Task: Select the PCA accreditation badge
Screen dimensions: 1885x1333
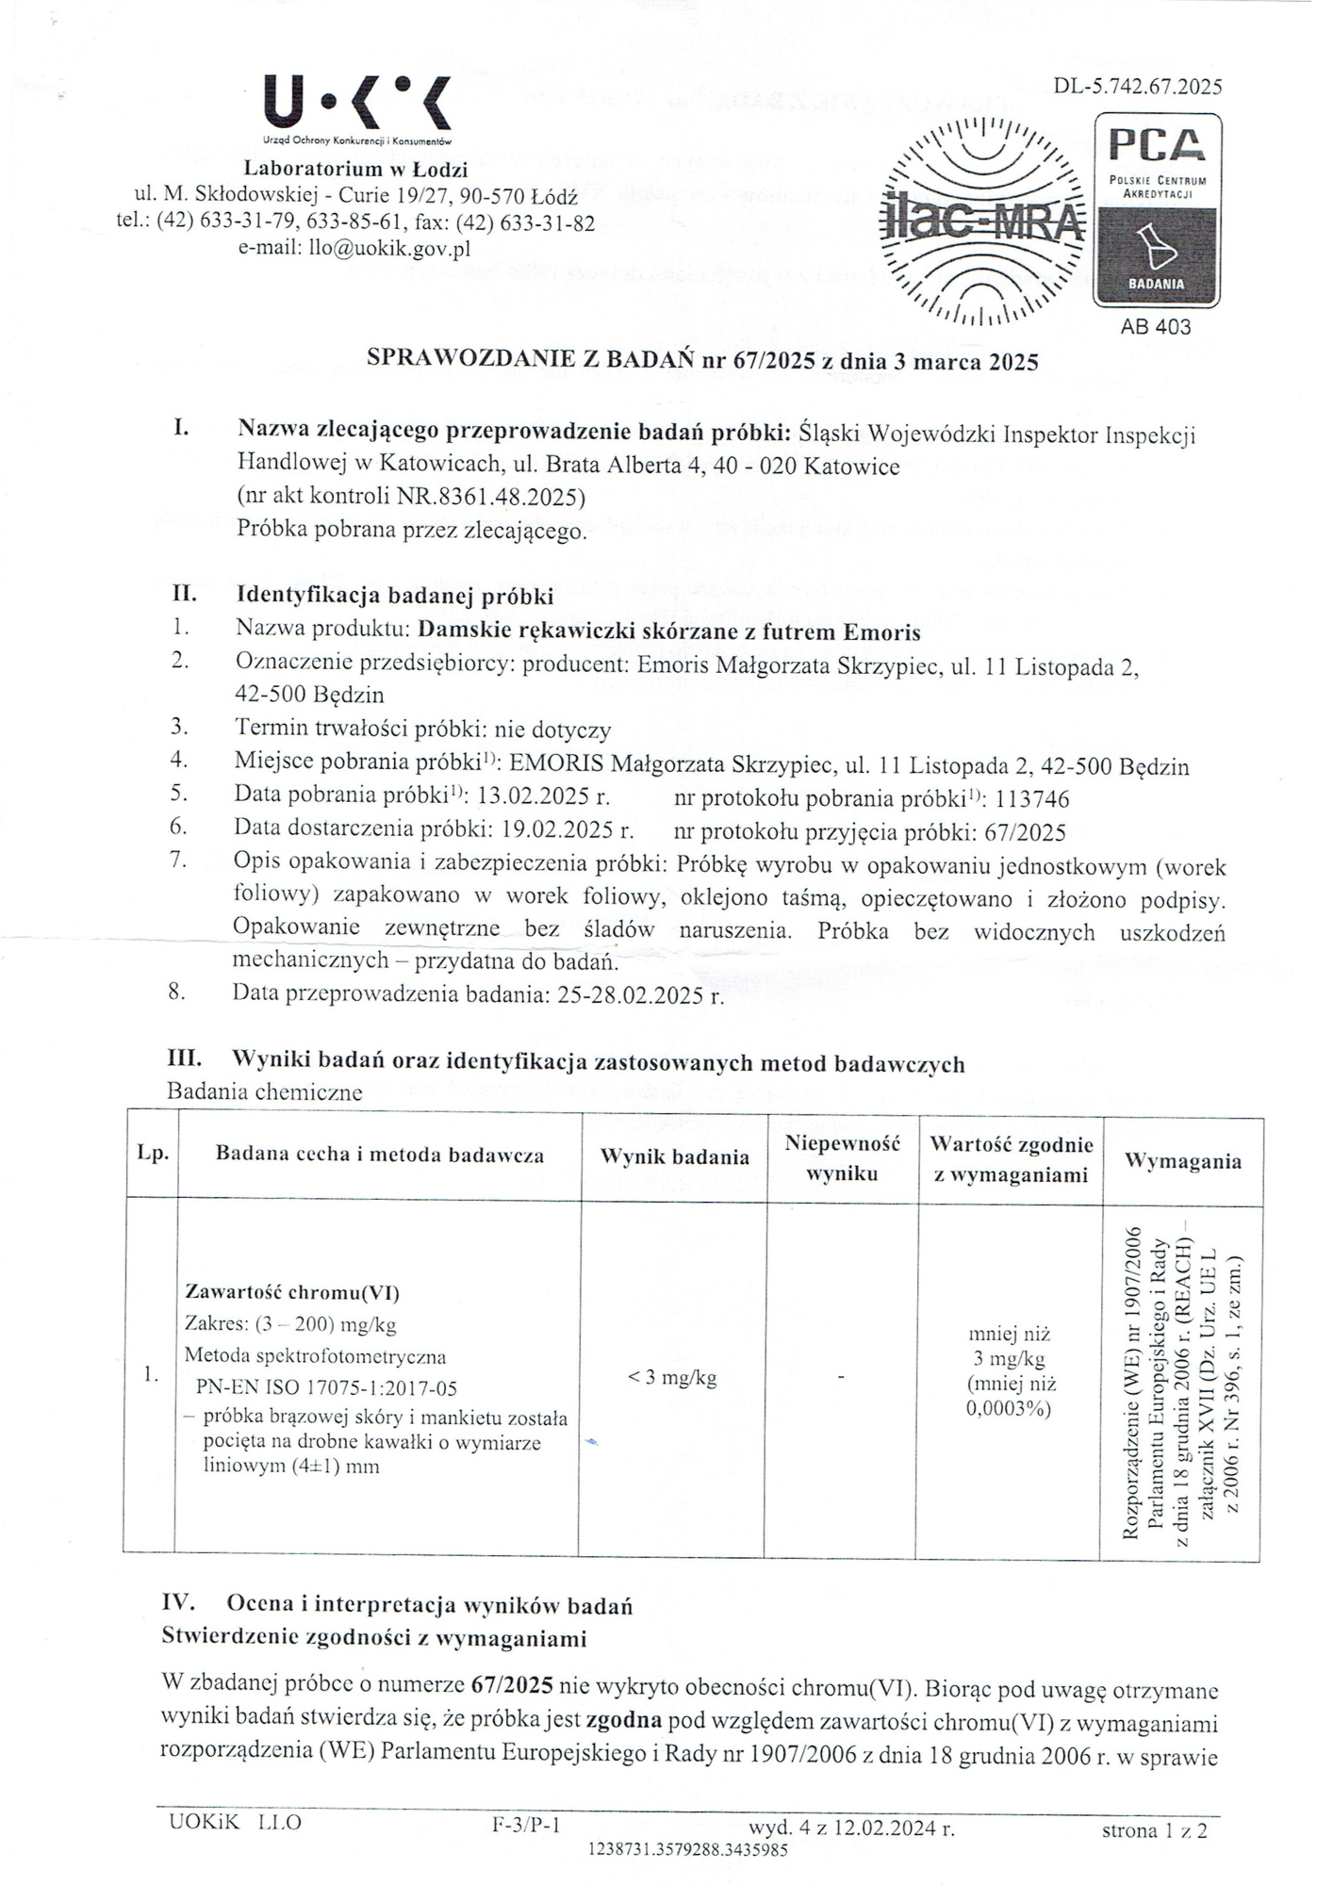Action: click(1157, 210)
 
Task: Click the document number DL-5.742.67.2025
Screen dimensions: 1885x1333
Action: click(1138, 87)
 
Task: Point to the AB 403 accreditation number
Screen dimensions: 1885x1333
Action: click(1155, 327)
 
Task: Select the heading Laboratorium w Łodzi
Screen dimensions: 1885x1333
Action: click(355, 170)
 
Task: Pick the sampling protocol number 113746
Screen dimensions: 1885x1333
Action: click(1032, 799)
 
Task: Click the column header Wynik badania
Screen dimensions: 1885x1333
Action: click(674, 1157)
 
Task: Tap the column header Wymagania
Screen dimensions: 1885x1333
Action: click(1182, 1161)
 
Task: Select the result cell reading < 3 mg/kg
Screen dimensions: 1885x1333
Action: click(672, 1378)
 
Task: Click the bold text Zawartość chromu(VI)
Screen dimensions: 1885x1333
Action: click(286, 1292)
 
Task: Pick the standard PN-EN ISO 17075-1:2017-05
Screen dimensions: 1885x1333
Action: click(326, 1387)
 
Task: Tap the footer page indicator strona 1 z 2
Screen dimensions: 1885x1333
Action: click(1154, 1830)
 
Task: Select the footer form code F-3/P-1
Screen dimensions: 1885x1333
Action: click(526, 1825)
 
